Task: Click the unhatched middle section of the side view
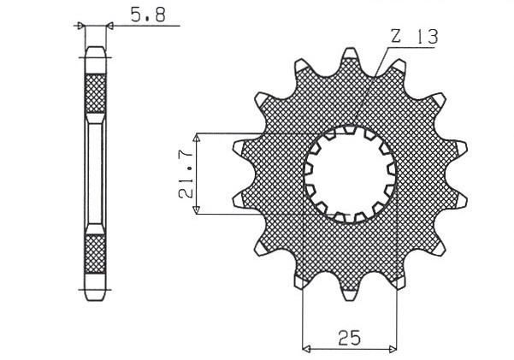(x=95, y=174)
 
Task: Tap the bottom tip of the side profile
(x=95, y=295)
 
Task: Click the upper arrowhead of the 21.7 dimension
(x=197, y=137)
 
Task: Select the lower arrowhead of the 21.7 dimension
(x=197, y=210)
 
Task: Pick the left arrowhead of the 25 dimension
(x=305, y=348)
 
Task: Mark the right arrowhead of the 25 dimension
(x=394, y=348)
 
